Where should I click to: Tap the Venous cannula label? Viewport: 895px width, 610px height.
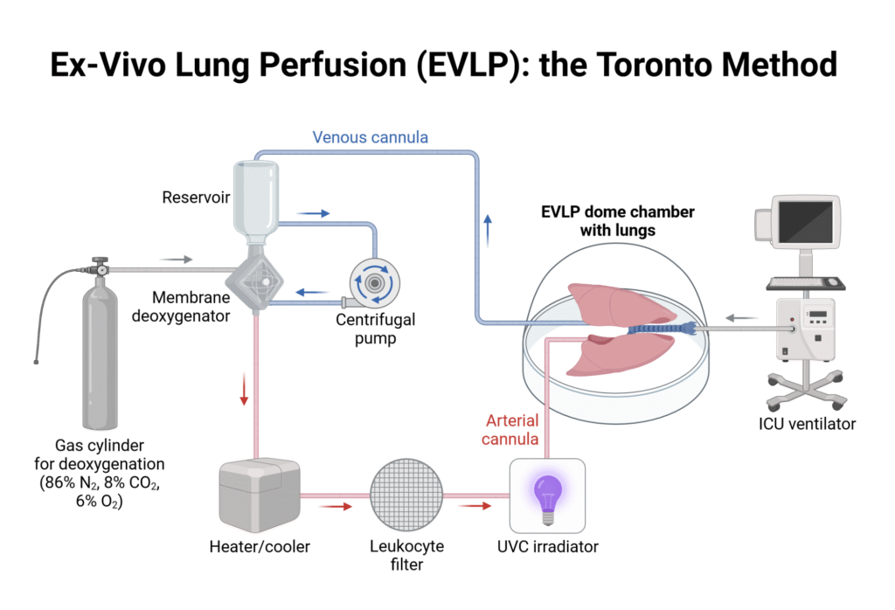(x=370, y=137)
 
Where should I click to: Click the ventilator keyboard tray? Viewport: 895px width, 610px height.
(x=806, y=282)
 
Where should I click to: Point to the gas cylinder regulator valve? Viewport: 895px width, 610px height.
(x=101, y=267)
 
